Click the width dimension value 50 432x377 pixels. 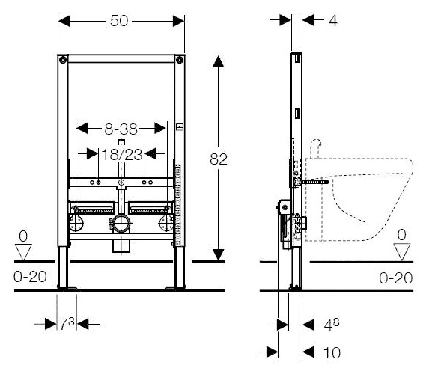coord(119,21)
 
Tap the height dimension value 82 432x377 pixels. coord(219,159)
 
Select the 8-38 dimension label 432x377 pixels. coord(121,129)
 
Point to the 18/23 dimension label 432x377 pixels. coord(122,154)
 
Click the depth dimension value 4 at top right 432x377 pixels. coord(333,21)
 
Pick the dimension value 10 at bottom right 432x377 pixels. coord(332,352)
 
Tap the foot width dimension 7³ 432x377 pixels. coord(67,323)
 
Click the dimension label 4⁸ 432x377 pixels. coord(332,324)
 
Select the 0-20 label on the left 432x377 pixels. coord(30,277)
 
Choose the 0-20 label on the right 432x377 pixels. coord(395,278)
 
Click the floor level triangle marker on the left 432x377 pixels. coord(23,251)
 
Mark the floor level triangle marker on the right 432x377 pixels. coord(402,251)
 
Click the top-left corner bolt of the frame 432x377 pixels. coord(63,60)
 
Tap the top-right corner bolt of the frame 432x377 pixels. coord(180,60)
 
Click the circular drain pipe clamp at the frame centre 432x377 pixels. coord(121,223)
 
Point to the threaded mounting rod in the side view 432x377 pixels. coord(315,182)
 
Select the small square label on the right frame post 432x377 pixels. coord(180,126)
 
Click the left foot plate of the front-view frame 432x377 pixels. coord(67,289)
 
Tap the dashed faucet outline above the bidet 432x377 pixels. coord(316,149)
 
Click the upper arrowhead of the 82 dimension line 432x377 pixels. coord(218,61)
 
